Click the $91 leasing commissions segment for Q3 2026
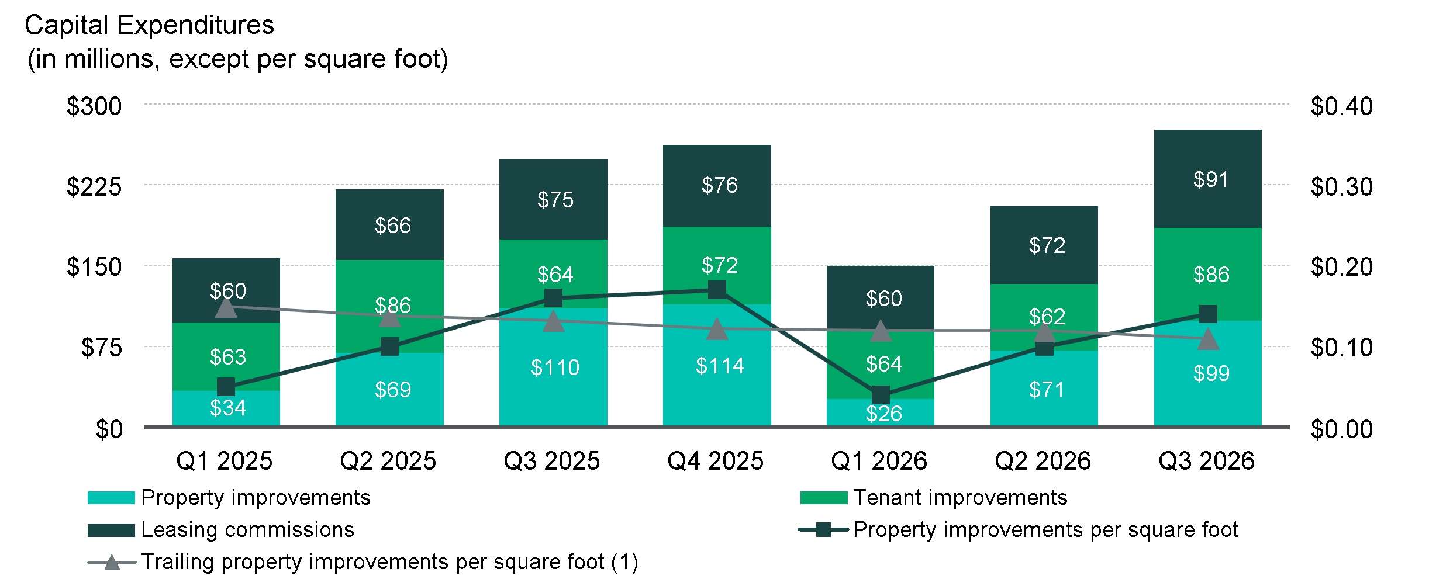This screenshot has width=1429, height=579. point(1207,179)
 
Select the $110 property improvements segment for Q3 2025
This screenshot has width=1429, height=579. point(553,367)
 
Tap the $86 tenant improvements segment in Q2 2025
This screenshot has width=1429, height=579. point(389,306)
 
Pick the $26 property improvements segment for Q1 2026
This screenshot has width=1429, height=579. point(880,412)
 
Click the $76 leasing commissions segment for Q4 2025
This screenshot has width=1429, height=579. point(717,186)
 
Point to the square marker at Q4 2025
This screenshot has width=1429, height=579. point(717,289)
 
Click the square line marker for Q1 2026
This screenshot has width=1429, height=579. point(881,395)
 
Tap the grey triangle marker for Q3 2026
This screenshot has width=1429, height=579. point(1208,339)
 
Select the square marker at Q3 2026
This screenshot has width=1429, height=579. point(1208,314)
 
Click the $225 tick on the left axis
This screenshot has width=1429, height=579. point(94,187)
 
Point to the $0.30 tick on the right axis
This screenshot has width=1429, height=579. point(1341,187)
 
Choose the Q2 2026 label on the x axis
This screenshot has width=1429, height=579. point(1043,461)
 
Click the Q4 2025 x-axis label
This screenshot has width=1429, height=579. point(715,461)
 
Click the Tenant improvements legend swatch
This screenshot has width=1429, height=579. point(823,498)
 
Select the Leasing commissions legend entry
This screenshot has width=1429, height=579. point(221,530)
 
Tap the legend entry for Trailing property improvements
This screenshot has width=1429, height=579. point(363,562)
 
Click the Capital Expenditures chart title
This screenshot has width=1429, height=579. point(150,25)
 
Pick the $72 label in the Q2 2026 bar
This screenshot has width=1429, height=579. point(1047,245)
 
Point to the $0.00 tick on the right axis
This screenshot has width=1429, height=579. point(1341,429)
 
